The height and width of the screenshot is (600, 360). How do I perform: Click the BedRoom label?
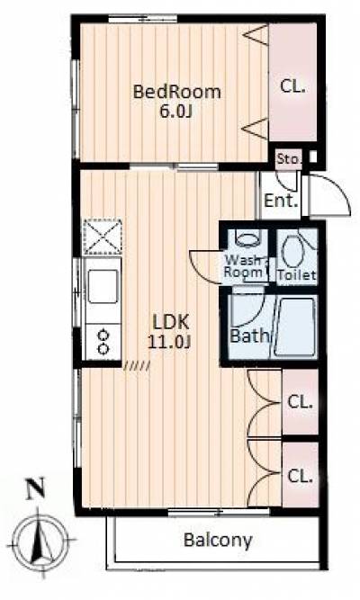(x=177, y=93)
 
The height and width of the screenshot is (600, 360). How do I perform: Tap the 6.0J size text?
(x=175, y=112)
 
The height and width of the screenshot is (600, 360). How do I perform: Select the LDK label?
(x=171, y=323)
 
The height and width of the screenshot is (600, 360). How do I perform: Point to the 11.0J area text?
(x=169, y=343)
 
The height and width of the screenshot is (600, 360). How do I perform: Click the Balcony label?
(x=218, y=540)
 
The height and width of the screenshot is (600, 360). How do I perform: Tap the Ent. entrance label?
(x=281, y=201)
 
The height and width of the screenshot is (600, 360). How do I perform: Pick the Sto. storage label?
(x=289, y=158)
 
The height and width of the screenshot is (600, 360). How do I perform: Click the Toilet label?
(x=297, y=274)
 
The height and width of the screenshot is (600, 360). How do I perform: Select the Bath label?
(x=249, y=336)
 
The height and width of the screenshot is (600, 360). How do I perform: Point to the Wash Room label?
(x=245, y=266)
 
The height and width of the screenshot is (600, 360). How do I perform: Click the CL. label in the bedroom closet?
(x=292, y=86)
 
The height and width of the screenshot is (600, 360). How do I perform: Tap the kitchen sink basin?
(x=103, y=286)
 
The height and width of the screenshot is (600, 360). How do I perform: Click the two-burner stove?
(x=103, y=342)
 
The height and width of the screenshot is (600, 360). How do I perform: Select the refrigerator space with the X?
(x=103, y=237)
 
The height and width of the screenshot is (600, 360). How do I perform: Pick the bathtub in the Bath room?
(x=294, y=327)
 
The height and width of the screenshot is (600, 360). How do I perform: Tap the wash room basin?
(x=247, y=239)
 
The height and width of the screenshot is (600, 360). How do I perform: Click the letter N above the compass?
(x=35, y=489)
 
